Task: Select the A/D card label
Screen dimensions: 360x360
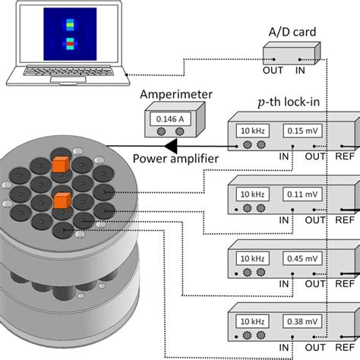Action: pos(291,30)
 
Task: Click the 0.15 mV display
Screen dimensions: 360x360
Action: pos(303,131)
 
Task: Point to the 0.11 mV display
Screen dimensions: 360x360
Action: pos(303,194)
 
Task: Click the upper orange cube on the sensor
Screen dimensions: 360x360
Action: pos(60,164)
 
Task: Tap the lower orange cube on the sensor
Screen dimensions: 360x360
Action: pos(62,201)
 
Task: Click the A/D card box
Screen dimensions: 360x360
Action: pos(291,54)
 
